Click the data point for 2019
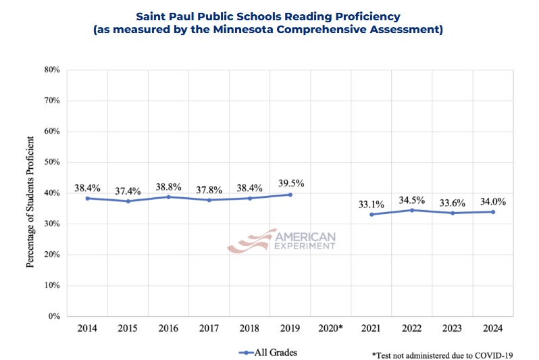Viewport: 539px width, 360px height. coord(290,195)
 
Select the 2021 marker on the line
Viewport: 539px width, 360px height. coord(371,214)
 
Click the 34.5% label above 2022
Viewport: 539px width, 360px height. coord(412,199)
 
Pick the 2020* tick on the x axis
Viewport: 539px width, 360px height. coord(330,328)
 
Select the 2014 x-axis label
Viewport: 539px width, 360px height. coord(87,328)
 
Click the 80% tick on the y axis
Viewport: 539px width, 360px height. coord(52,70)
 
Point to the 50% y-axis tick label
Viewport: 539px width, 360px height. coord(52,162)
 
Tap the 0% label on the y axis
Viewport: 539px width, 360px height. coord(54,316)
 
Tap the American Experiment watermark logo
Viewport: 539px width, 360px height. coord(282,240)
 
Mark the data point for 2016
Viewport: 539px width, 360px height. coord(168,197)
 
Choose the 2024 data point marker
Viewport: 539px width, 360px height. coord(493,211)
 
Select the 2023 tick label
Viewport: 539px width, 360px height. coord(453,328)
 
